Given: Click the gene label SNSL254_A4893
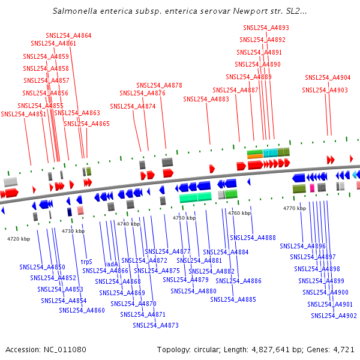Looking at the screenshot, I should coord(266,28).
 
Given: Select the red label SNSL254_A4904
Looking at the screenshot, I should coord(328,77).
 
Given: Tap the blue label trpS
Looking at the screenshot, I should coord(86,262).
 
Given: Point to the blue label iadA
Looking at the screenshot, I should coord(112,264).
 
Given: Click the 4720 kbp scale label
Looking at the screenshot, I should coord(19,239).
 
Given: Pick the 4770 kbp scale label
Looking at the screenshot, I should coord(295,208).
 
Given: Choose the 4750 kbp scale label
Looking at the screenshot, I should coord(184,218).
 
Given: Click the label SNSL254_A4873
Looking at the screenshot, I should coord(155,325).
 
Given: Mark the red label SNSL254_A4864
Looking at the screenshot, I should coord(68,35).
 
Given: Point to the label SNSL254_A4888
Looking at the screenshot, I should coord(253,238).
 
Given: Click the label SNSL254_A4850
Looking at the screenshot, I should coord(42,267).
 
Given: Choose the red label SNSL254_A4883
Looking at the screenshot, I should coord(206,99).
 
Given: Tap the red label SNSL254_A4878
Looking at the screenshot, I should coord(159,85).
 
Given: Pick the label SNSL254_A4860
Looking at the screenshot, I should coord(82,310).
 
